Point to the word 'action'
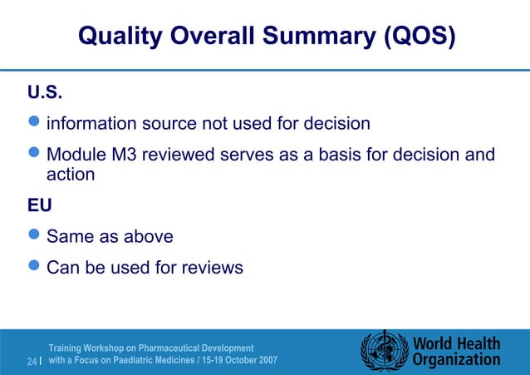click(x=71, y=175)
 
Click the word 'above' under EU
click(x=149, y=237)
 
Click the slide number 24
click(x=32, y=362)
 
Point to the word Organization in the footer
click(x=456, y=360)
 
